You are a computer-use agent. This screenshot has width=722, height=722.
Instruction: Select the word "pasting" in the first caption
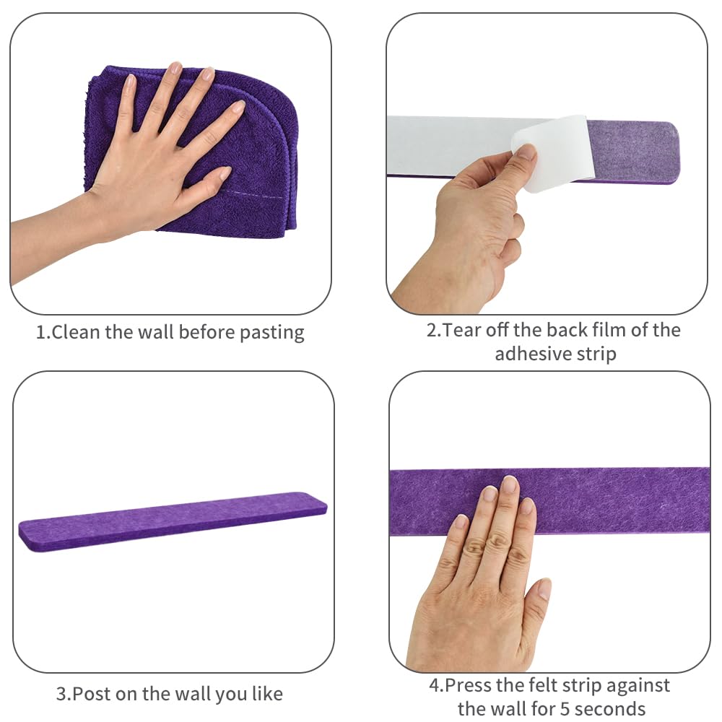[x=272, y=333]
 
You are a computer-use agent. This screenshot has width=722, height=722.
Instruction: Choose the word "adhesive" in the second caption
[x=529, y=354]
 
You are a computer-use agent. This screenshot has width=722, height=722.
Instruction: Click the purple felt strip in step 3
[x=173, y=521]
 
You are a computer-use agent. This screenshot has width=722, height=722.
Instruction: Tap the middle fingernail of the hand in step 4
[x=510, y=486]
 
